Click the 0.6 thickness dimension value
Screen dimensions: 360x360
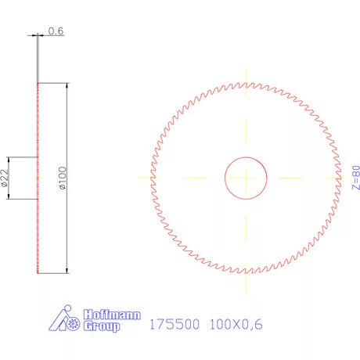[x=56, y=31]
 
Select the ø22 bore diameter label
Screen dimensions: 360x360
[x=5, y=178]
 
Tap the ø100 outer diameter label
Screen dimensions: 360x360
[x=63, y=178]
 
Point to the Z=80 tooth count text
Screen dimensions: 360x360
[x=355, y=178]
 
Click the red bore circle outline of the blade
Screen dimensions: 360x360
[x=226, y=178]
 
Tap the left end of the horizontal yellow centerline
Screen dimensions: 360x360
[x=139, y=178]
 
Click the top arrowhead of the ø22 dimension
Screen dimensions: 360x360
[x=9, y=160]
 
